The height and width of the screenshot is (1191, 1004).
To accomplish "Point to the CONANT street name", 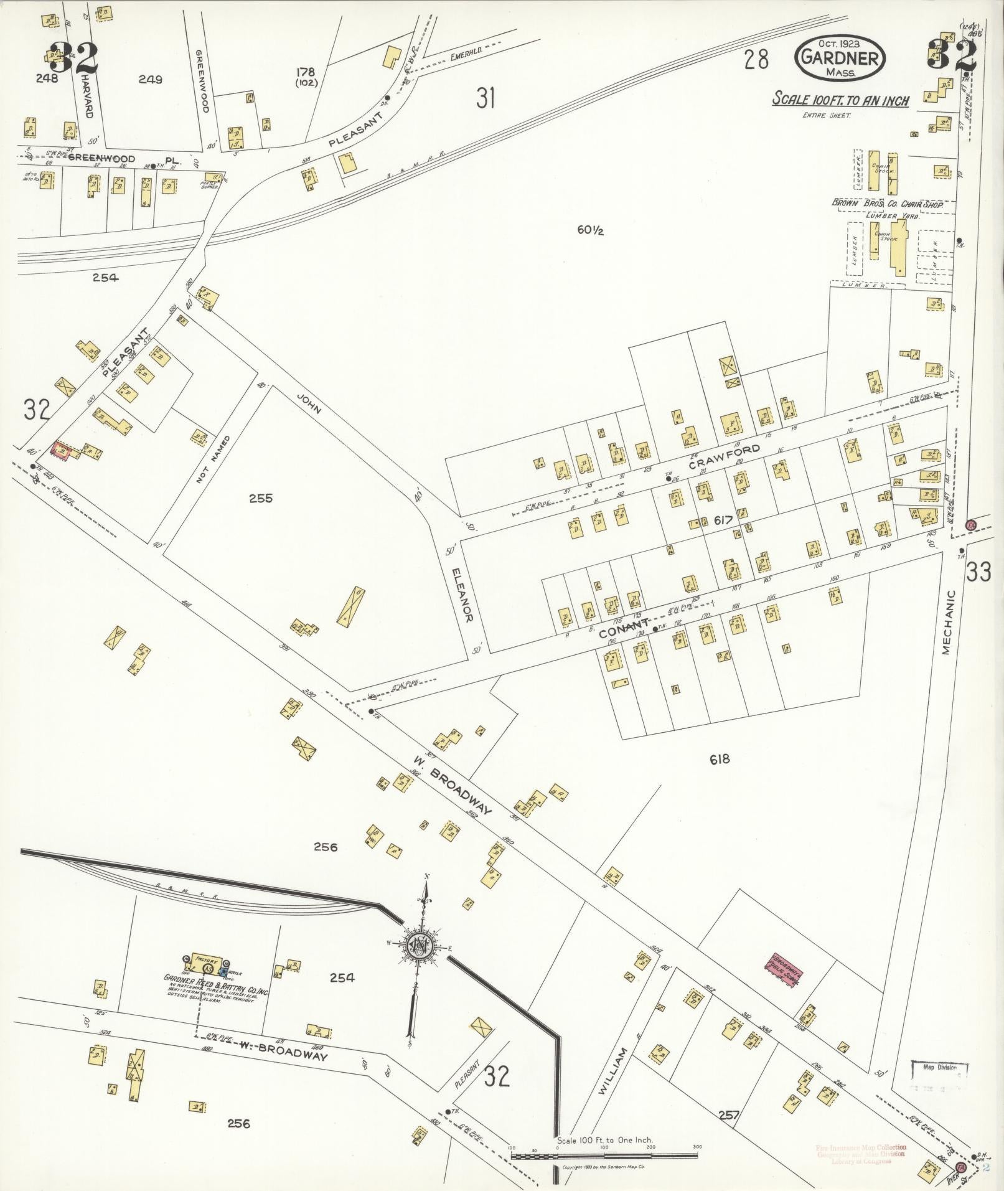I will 624,625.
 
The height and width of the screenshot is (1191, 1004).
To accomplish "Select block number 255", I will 260,498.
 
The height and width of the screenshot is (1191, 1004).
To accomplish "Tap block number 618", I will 719,759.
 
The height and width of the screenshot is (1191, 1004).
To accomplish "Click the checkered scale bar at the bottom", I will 604,1156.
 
